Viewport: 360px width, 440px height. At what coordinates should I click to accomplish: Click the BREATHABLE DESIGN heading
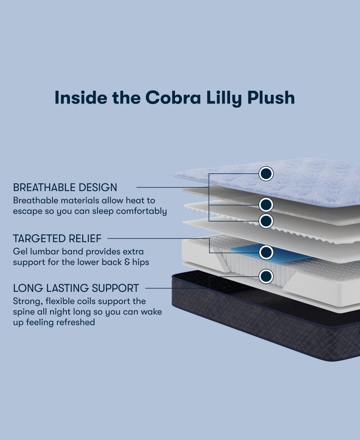pyautogui.click(x=65, y=187)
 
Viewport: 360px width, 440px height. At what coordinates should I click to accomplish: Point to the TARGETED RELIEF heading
pyautogui.click(x=57, y=239)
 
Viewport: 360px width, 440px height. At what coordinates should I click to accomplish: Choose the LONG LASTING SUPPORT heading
pyautogui.click(x=76, y=288)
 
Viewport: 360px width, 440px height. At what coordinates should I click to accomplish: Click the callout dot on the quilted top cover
pyautogui.click(x=266, y=173)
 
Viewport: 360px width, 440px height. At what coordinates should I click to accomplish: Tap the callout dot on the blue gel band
pyautogui.click(x=266, y=252)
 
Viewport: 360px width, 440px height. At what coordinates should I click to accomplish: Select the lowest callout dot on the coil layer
pyautogui.click(x=266, y=276)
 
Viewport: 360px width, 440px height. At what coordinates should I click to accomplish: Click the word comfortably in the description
pyautogui.click(x=141, y=211)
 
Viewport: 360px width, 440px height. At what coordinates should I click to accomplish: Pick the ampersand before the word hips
pyautogui.click(x=127, y=262)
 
